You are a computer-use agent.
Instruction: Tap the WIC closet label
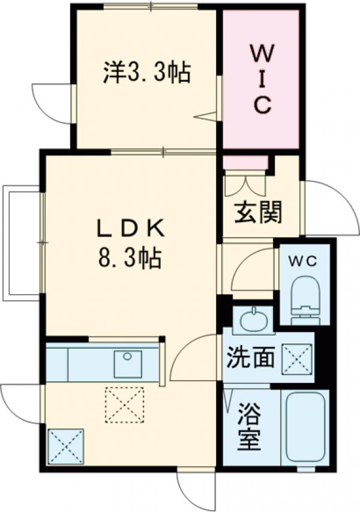(x=262, y=80)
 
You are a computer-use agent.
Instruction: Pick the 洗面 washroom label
(x=250, y=358)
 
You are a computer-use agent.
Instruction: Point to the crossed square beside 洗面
(x=298, y=358)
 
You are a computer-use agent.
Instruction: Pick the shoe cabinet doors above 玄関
(x=245, y=184)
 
